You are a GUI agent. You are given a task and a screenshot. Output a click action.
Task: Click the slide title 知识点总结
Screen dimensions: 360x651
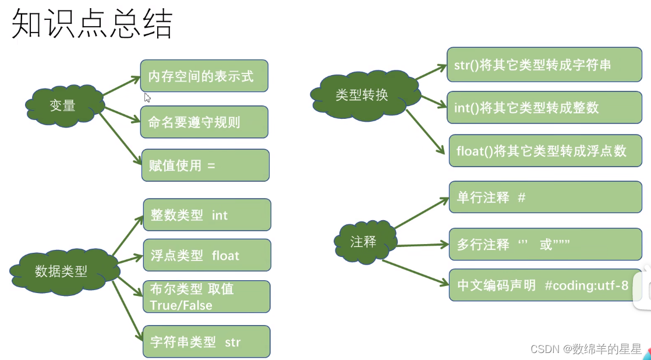tap(91, 24)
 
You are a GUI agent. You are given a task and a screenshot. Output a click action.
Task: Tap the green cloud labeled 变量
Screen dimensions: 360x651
tap(63, 105)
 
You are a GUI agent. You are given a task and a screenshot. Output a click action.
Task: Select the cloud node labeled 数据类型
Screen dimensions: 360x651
tap(61, 271)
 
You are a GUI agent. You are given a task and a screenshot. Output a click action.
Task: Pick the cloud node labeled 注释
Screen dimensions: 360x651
tap(363, 242)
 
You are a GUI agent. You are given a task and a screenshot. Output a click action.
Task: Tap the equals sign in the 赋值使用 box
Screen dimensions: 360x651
tap(211, 165)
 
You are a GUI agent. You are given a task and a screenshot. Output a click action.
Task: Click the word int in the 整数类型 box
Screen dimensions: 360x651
tap(220, 215)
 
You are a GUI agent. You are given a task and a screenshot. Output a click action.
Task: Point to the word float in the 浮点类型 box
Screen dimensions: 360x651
tap(225, 255)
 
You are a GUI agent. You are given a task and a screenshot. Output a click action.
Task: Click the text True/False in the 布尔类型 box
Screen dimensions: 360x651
tap(181, 305)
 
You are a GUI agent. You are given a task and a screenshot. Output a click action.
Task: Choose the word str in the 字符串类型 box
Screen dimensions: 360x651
tap(232, 342)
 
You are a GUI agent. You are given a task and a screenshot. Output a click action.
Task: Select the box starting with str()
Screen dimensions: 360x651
tap(536, 65)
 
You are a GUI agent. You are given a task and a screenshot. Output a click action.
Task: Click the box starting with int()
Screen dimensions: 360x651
tap(536, 108)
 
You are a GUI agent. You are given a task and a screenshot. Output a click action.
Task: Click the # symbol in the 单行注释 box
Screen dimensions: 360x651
tap(521, 197)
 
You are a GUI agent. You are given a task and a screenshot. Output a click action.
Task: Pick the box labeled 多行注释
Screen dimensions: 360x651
tap(545, 245)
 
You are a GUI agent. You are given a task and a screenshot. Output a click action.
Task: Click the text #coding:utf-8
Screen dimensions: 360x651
tap(586, 285)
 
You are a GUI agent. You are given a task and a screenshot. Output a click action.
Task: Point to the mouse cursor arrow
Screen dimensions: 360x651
tap(147, 97)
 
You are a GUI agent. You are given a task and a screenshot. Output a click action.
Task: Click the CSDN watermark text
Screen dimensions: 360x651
tap(586, 349)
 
